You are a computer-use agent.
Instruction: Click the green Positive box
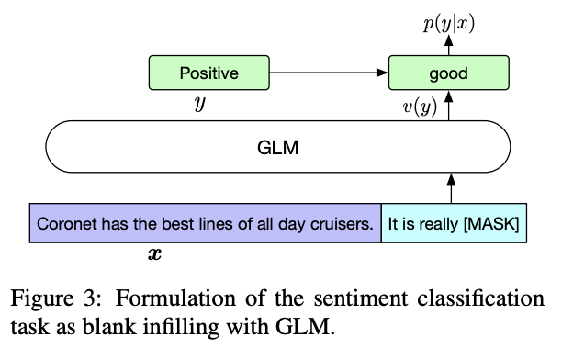click(x=208, y=73)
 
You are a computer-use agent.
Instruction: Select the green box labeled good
click(x=448, y=73)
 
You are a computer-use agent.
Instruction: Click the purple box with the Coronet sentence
click(x=205, y=223)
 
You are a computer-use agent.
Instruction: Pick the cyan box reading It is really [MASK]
click(x=454, y=223)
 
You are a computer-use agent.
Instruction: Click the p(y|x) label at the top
click(x=447, y=21)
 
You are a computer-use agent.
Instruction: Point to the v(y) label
click(x=420, y=107)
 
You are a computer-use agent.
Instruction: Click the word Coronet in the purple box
click(x=65, y=223)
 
